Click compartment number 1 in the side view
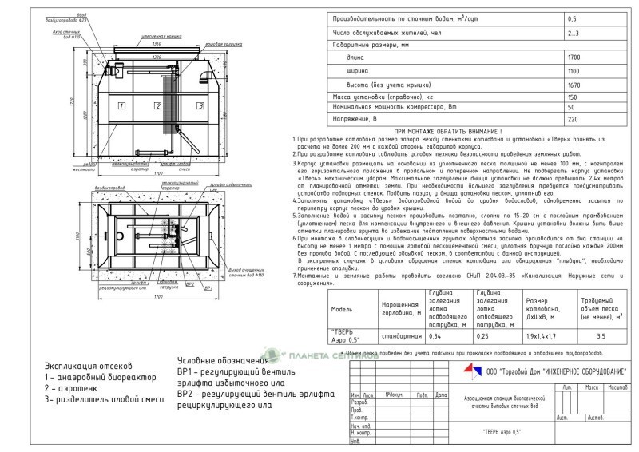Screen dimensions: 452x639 tap(121, 105)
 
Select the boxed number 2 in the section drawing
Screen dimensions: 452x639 tap(158, 105)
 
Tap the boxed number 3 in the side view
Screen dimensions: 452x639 tap(197, 105)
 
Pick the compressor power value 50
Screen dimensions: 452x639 tap(571, 106)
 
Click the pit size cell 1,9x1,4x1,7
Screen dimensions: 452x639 tap(521, 336)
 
